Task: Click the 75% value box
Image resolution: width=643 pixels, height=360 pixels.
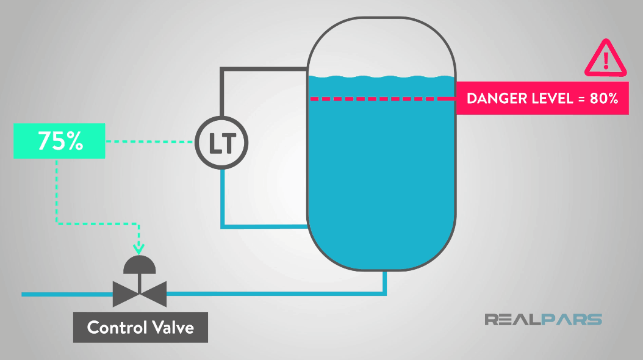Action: point(59,140)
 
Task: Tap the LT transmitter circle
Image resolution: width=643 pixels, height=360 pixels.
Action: point(222,143)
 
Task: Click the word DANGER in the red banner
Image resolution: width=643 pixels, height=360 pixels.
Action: point(494,98)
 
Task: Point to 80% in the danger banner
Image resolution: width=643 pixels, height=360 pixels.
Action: point(605,98)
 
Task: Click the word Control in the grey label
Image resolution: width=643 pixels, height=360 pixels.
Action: point(114,328)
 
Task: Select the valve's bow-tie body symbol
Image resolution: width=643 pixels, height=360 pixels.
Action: point(140,294)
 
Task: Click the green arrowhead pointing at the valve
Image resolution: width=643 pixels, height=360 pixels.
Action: point(139,248)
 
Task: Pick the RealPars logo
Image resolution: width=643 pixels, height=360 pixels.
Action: point(543,320)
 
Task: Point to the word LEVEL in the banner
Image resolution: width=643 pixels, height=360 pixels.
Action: point(550,98)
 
